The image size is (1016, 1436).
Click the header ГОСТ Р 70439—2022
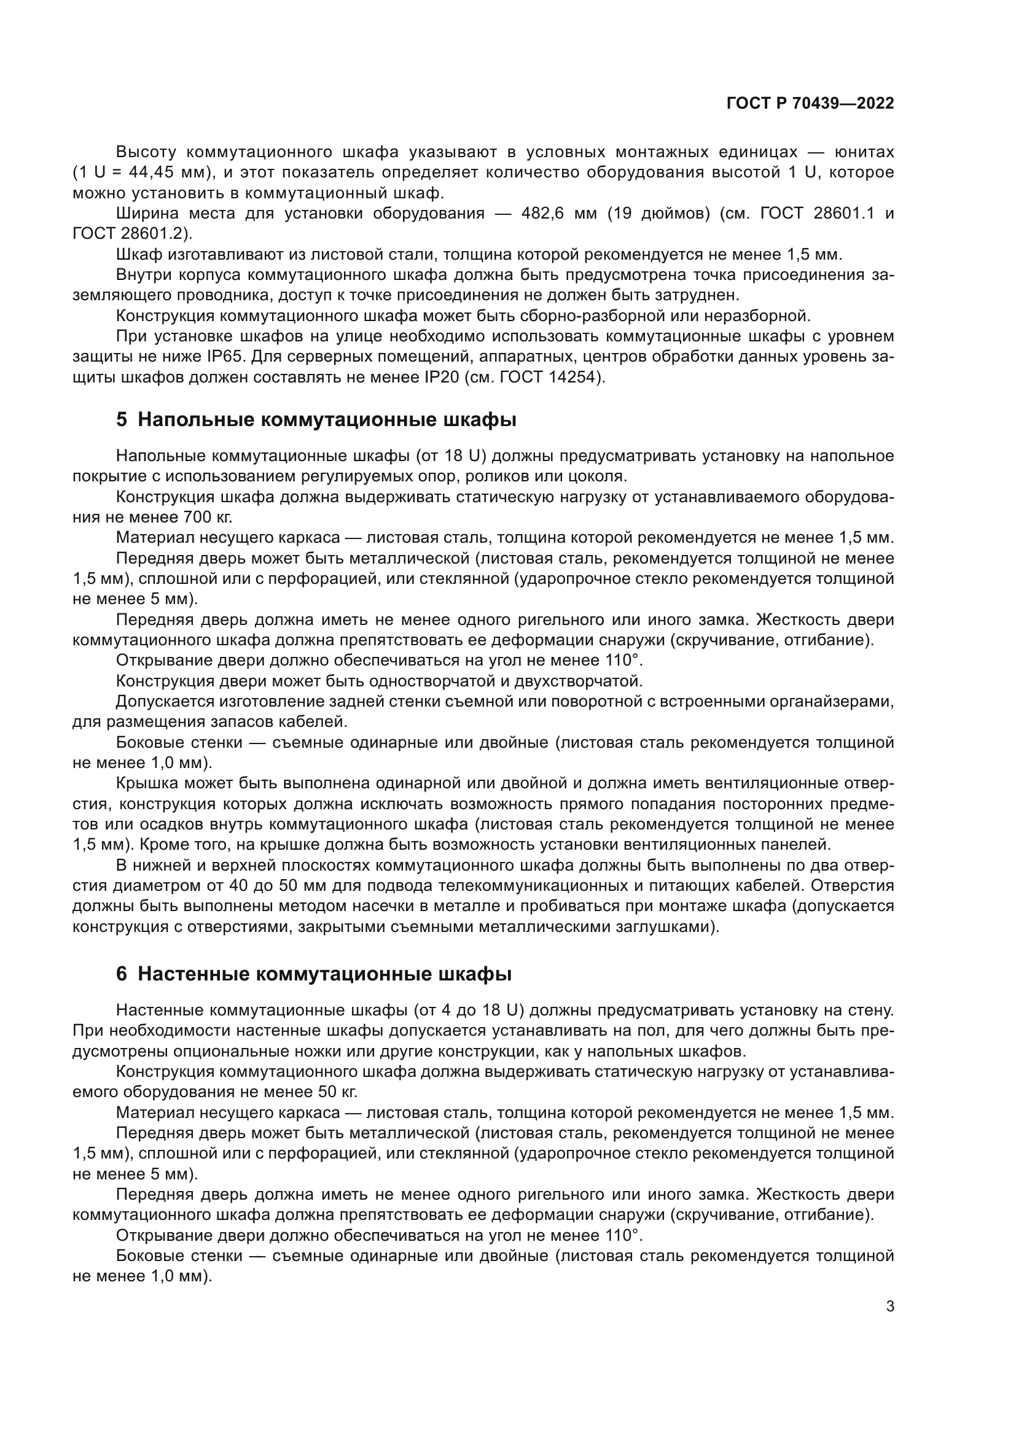coord(810,104)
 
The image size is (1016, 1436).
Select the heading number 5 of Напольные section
coord(122,420)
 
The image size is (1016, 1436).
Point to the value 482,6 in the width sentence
coord(542,214)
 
